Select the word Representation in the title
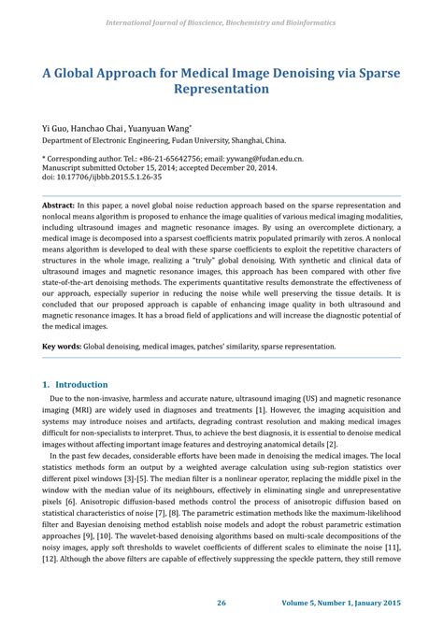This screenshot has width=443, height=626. point(221,90)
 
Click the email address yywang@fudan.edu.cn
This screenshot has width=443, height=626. point(257,160)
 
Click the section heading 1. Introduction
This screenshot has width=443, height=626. point(76,384)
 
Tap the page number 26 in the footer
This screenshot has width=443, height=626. point(221,604)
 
